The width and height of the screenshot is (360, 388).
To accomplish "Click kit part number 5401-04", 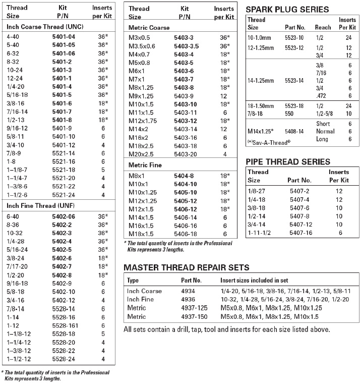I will click(x=64, y=37).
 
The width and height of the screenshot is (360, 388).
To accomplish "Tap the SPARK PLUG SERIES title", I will click(x=287, y=9).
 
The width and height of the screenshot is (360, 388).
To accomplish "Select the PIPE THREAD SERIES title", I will click(x=288, y=162).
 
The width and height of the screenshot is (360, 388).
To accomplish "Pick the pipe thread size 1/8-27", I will click(x=256, y=192).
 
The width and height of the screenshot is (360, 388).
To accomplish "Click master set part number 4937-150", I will click(x=194, y=316).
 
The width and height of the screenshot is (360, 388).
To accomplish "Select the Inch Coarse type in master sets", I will click(x=145, y=291).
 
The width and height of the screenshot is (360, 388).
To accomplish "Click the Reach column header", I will click(x=323, y=27).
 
